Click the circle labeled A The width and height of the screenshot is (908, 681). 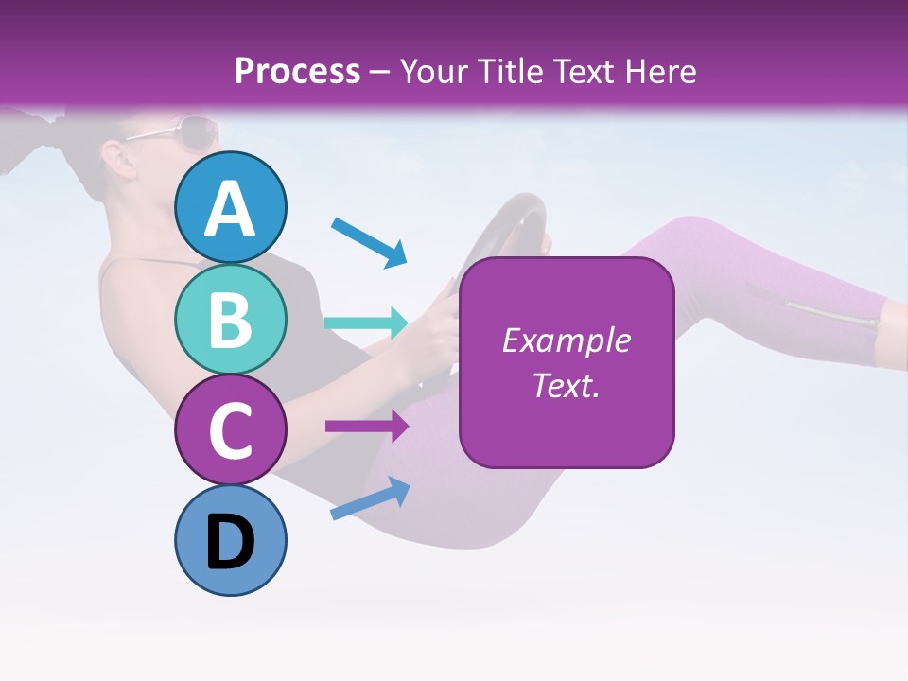[x=231, y=207]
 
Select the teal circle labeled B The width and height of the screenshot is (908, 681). [x=231, y=319]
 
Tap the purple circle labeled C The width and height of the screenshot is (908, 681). [x=231, y=429]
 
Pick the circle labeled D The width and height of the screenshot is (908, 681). [x=231, y=541]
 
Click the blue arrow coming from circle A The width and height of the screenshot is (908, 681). [x=369, y=240]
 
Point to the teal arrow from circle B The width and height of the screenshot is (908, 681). [x=366, y=323]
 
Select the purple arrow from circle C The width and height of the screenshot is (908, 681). [x=366, y=427]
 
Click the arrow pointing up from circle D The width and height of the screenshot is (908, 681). [x=370, y=498]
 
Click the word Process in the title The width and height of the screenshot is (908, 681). [x=297, y=71]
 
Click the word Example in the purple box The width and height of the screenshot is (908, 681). [x=566, y=340]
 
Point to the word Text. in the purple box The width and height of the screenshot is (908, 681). [x=566, y=385]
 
